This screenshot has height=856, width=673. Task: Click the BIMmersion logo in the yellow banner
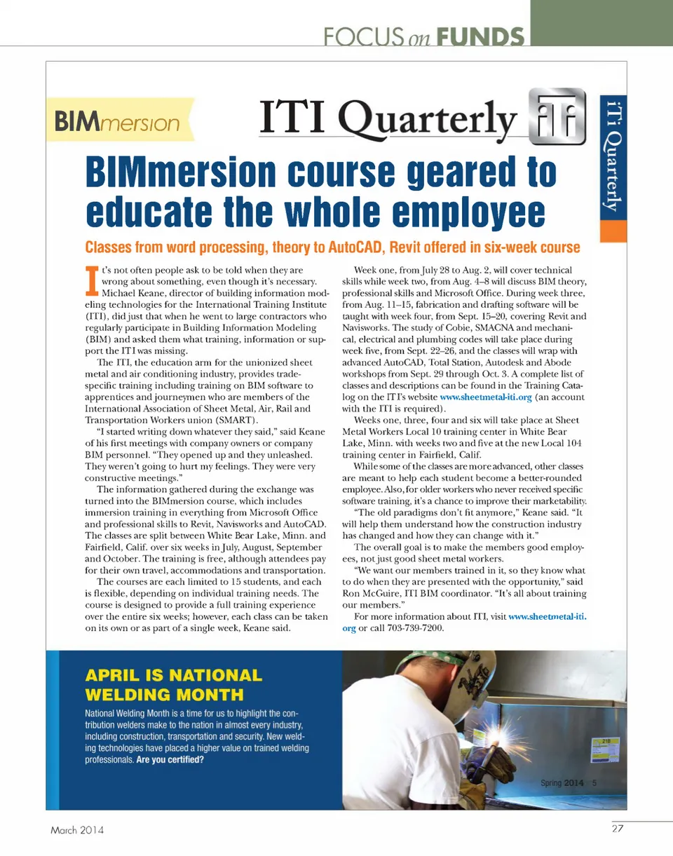(119, 123)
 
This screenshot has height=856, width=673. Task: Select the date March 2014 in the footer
(77, 831)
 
